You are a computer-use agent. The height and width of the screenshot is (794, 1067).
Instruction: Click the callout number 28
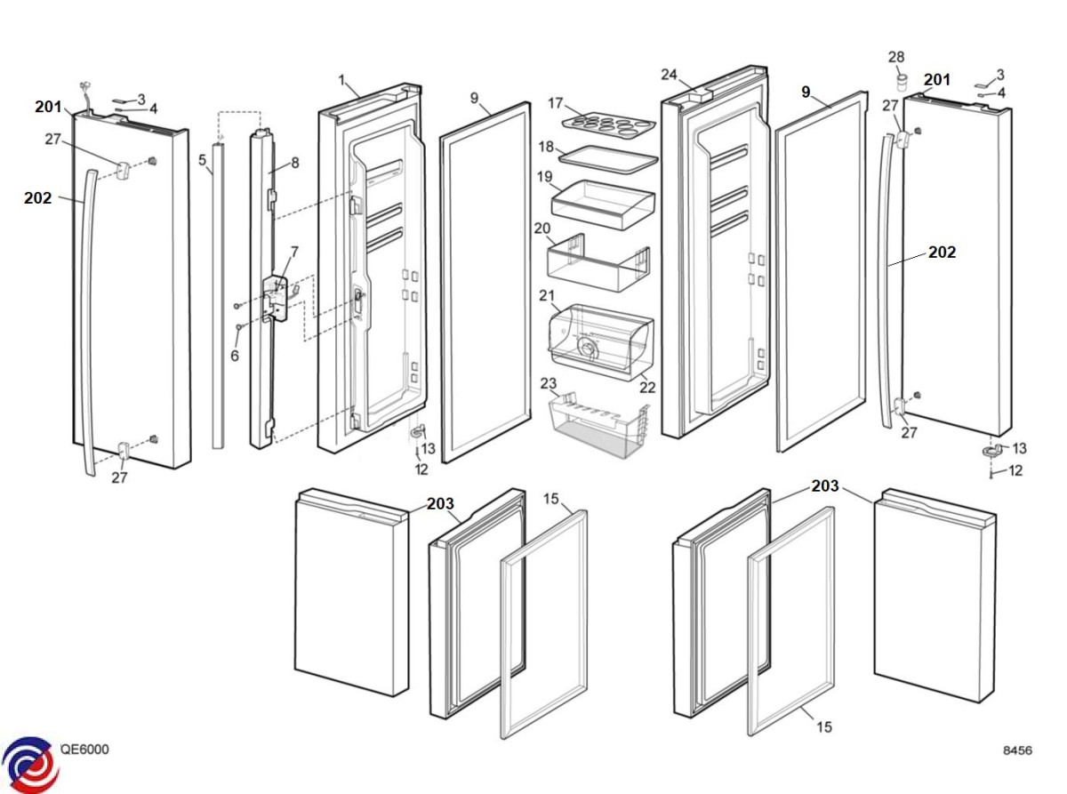[x=896, y=58]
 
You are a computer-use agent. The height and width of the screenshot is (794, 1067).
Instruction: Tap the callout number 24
[x=669, y=74]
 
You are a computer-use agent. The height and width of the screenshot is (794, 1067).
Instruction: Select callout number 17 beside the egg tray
[x=556, y=103]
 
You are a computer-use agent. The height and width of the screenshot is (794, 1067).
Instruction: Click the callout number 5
[x=202, y=160]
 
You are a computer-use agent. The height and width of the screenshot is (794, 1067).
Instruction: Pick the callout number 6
[x=235, y=356]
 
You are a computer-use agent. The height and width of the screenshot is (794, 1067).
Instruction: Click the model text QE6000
[x=84, y=750]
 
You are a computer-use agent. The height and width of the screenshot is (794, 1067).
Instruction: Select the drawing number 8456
[x=1017, y=750]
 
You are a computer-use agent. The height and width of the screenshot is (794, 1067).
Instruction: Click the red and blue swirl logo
[x=30, y=764]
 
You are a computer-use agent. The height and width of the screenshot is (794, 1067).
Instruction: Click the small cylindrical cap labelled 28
[x=900, y=84]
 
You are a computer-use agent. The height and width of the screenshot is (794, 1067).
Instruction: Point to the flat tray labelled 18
[x=608, y=157]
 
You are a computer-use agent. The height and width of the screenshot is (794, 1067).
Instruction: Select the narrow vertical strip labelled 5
[x=217, y=293]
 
